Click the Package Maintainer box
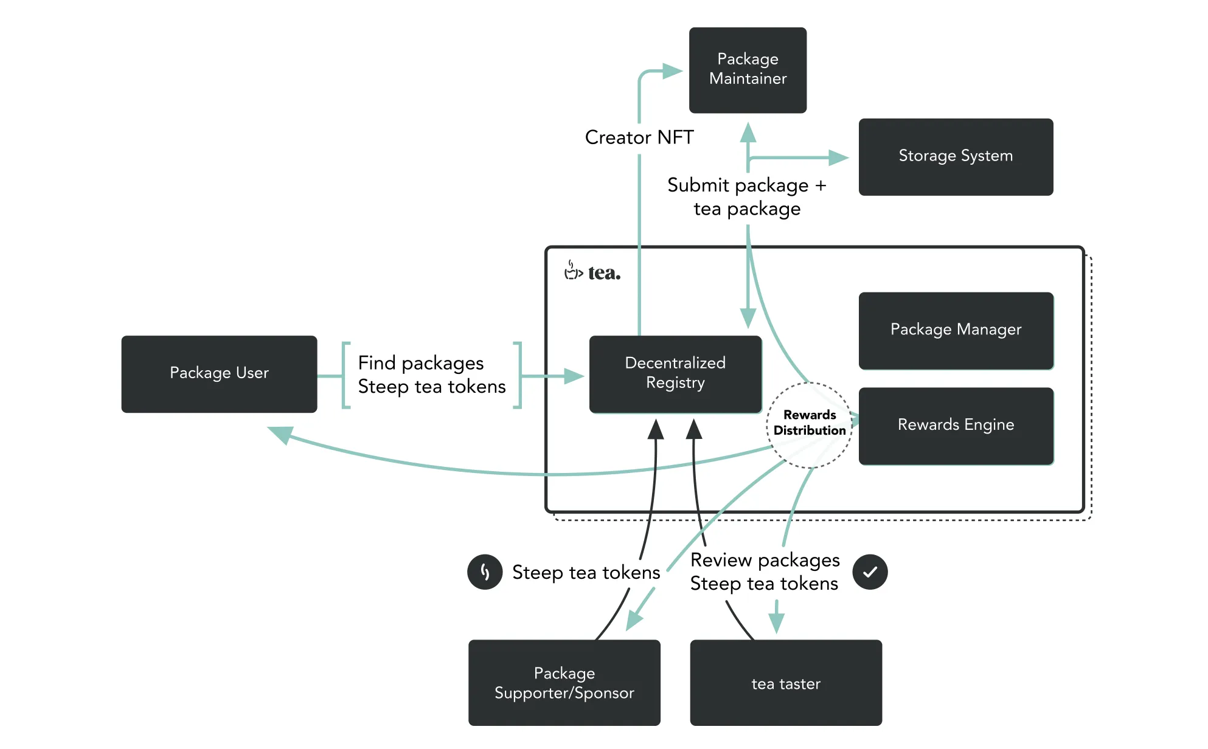748,70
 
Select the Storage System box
956,157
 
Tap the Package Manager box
956,330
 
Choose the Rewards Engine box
956,426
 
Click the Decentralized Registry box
675,374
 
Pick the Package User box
219,374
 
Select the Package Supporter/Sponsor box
564,682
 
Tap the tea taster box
786,682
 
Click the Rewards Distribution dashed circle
810,424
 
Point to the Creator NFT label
639,137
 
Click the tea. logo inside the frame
593,272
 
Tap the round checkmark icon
870,572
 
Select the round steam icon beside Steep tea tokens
485,572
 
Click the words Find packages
421,363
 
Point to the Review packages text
765,560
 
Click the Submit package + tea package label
747,197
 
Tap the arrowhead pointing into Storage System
839,158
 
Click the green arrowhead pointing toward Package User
281,434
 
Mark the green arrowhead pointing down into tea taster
776,624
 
